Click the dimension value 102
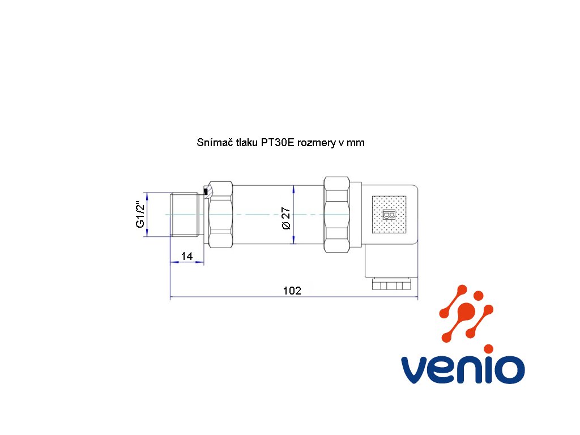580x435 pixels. pos(292,291)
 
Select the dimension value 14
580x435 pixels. pos(187,256)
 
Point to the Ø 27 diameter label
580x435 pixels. pos(286,218)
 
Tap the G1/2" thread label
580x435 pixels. pos(140,215)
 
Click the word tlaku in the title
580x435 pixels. pos(247,142)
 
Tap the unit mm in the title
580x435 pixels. pos(356,143)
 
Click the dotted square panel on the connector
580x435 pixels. pos(389,215)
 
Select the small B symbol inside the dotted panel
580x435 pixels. pos(389,215)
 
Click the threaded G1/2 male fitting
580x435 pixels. pos(186,214)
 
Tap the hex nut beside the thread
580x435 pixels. pos(221,215)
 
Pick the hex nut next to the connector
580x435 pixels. pos(336,215)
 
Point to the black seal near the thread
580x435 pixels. pos(206,191)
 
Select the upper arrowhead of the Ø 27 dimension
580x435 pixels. pos(294,189)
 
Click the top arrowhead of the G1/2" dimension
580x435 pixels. pos(147,196)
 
